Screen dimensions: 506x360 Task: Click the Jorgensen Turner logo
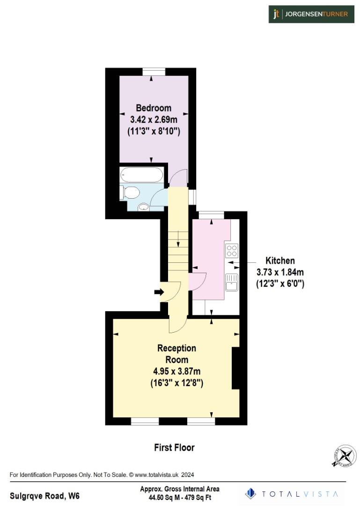click(x=311, y=14)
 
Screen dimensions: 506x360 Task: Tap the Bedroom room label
click(x=154, y=108)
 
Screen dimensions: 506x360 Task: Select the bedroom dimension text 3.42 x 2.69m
click(x=154, y=119)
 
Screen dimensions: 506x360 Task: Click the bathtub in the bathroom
click(x=141, y=176)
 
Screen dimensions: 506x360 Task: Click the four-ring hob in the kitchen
click(x=231, y=251)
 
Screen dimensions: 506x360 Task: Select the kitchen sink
click(x=231, y=282)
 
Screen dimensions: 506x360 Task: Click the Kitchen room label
click(x=280, y=260)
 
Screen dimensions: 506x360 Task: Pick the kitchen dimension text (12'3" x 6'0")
click(x=280, y=283)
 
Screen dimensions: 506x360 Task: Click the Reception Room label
click(x=176, y=354)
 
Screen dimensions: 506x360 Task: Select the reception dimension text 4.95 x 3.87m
click(x=176, y=371)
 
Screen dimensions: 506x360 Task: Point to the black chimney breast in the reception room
click(x=236, y=368)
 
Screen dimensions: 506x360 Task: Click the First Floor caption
click(x=174, y=447)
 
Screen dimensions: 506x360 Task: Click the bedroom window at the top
click(x=154, y=71)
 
